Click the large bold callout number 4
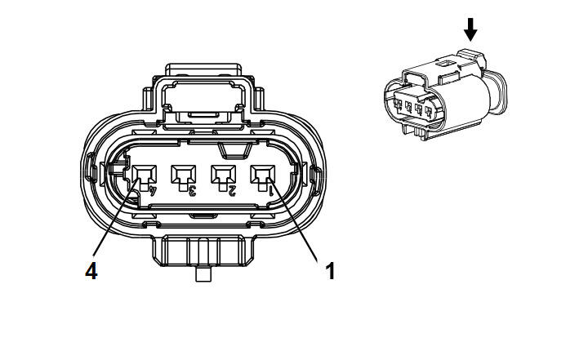(91, 271)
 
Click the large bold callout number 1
(330, 271)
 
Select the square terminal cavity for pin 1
(262, 175)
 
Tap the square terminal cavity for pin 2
(223, 175)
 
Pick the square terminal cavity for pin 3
(184, 175)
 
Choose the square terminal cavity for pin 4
(144, 175)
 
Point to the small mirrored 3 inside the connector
(193, 190)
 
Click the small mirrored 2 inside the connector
(232, 190)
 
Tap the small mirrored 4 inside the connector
(153, 190)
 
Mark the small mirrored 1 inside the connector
(271, 190)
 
